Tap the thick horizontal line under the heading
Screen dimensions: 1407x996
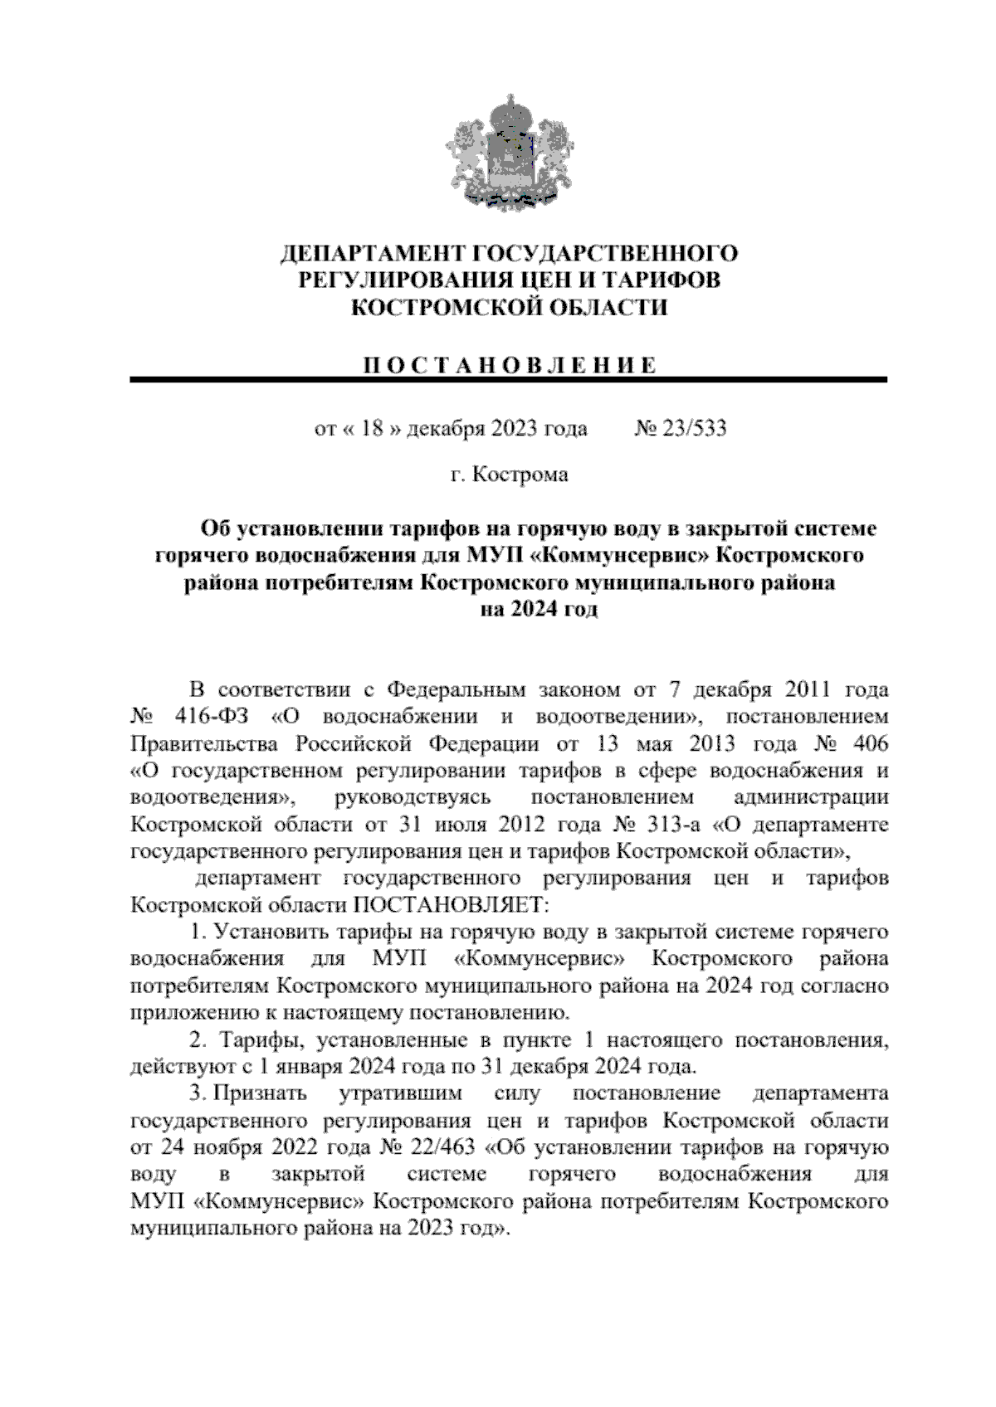tap(508, 379)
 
